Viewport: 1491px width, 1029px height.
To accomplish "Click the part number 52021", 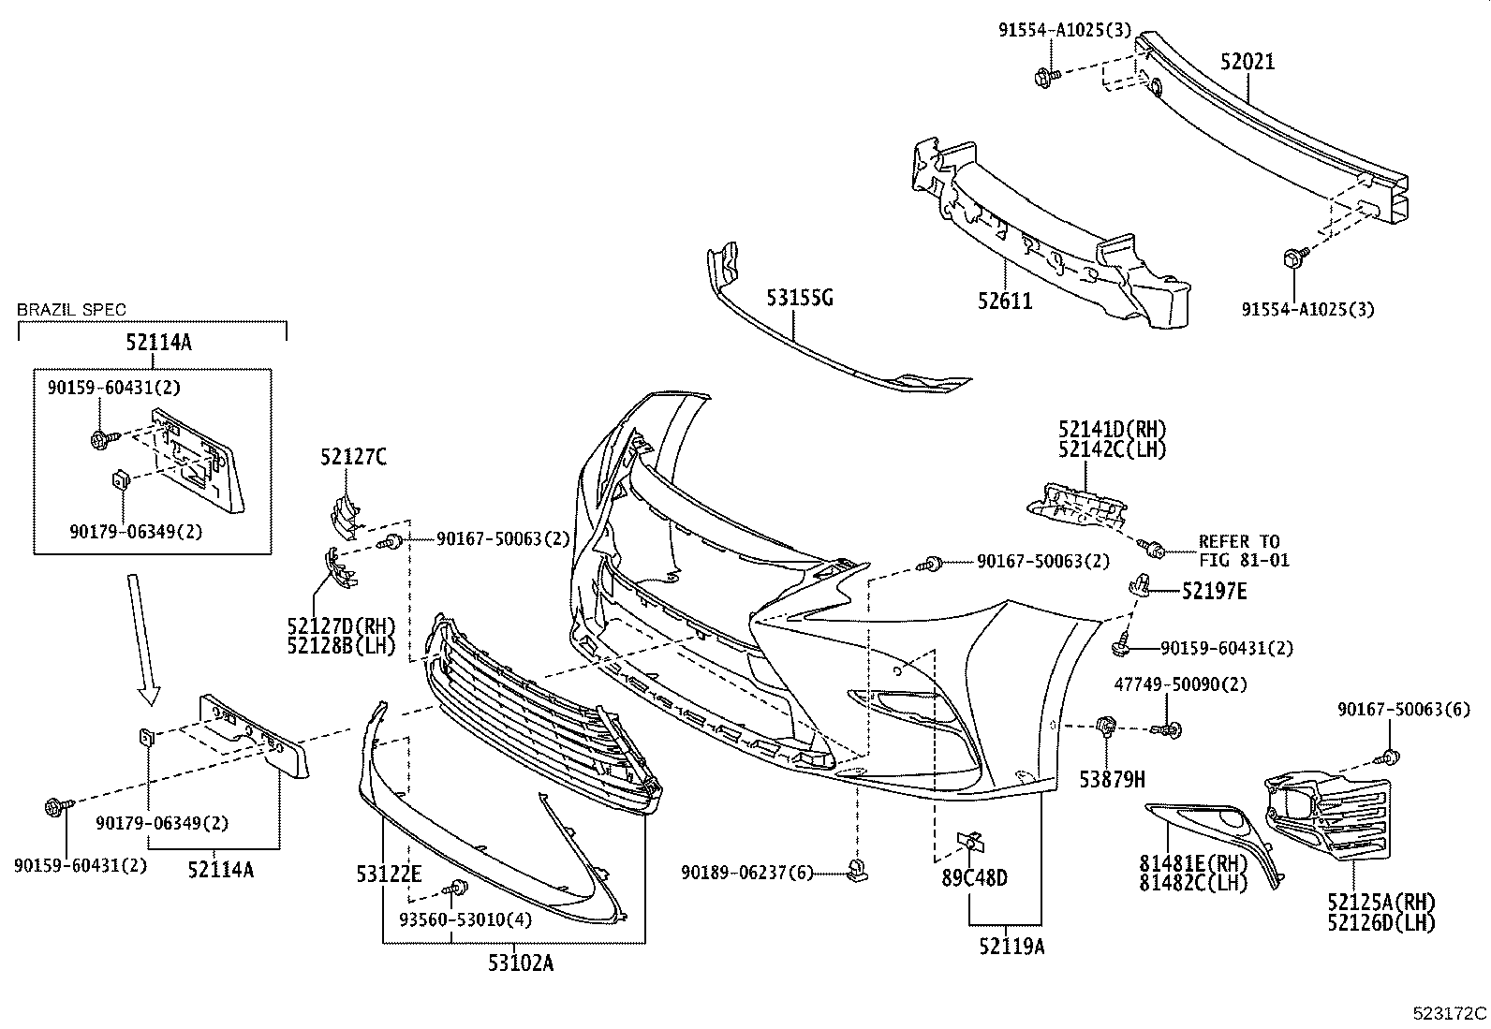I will point(1247,62).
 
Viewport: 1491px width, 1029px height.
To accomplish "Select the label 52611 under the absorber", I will point(1005,301).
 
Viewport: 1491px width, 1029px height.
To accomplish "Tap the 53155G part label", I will point(799,298).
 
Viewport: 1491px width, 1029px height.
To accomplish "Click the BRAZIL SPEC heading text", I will point(71,309).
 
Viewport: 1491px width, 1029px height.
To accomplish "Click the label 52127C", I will point(353,457).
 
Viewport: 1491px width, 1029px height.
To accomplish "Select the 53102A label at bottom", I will point(521,962).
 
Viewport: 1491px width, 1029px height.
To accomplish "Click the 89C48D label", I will point(975,878).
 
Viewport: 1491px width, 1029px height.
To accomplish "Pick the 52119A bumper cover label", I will point(1011,947).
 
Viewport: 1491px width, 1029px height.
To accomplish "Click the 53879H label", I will point(1114,778).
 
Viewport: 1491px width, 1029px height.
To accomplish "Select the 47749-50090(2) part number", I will point(1180,684).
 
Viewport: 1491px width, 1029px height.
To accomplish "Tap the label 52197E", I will point(1214,591).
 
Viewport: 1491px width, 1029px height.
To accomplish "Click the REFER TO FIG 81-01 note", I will point(1244,551).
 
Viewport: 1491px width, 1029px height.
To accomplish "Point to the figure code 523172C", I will point(1450,1013).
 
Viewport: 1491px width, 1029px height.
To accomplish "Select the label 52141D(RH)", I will point(1113,429).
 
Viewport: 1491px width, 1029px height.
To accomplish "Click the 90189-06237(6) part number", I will point(747,873).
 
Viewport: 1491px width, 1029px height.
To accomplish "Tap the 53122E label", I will point(389,875).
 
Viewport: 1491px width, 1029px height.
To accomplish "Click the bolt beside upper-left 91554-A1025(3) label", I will point(1045,77).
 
